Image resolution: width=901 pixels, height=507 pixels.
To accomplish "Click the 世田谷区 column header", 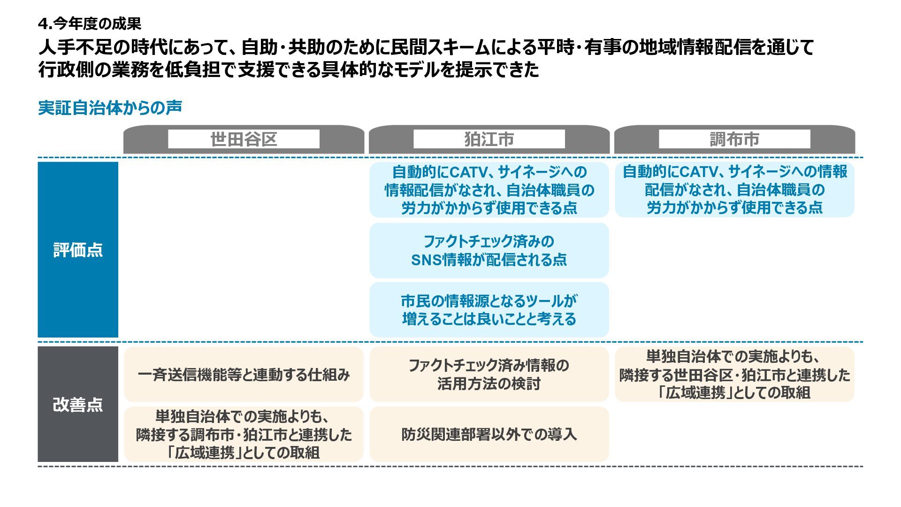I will coord(244,139).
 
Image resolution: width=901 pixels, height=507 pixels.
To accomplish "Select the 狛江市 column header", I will coord(489,139).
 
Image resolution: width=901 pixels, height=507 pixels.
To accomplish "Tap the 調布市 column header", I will coord(734,139).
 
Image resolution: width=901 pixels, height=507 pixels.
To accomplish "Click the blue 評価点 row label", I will coord(78,250).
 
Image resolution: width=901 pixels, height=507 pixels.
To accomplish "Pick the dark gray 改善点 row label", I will coord(78,404).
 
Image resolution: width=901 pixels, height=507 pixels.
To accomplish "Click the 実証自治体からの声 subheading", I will coord(110,108).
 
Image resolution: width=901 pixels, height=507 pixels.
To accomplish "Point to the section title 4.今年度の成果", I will coord(90,23).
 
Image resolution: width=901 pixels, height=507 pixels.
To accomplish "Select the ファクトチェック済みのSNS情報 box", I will coord(489,250).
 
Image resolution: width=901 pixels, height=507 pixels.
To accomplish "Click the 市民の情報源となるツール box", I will coord(489,310).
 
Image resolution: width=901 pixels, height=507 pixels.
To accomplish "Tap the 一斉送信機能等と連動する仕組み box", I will coord(244,375).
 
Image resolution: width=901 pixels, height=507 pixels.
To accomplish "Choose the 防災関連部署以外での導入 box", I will coord(489,434).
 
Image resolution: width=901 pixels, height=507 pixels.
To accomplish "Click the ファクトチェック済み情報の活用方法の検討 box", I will coord(489,375).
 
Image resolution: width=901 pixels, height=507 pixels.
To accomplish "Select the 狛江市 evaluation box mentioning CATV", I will coord(489,190).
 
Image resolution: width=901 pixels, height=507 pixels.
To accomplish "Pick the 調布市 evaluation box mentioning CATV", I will coord(734,190).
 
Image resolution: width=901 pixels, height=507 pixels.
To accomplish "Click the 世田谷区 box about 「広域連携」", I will coord(244,434).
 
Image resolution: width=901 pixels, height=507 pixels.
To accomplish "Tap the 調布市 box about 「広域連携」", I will coord(734,375).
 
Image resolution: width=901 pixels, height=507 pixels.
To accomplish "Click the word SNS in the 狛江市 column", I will coord(426,260).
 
